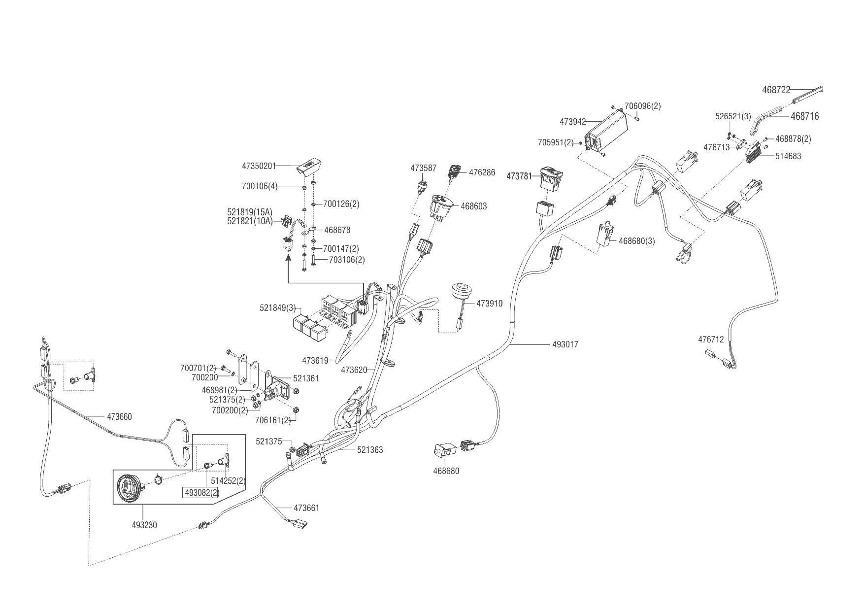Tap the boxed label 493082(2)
[201, 492]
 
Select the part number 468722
[776, 90]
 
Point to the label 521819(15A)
[250, 212]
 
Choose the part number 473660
[119, 417]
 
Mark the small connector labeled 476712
[710, 353]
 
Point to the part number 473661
[306, 508]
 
